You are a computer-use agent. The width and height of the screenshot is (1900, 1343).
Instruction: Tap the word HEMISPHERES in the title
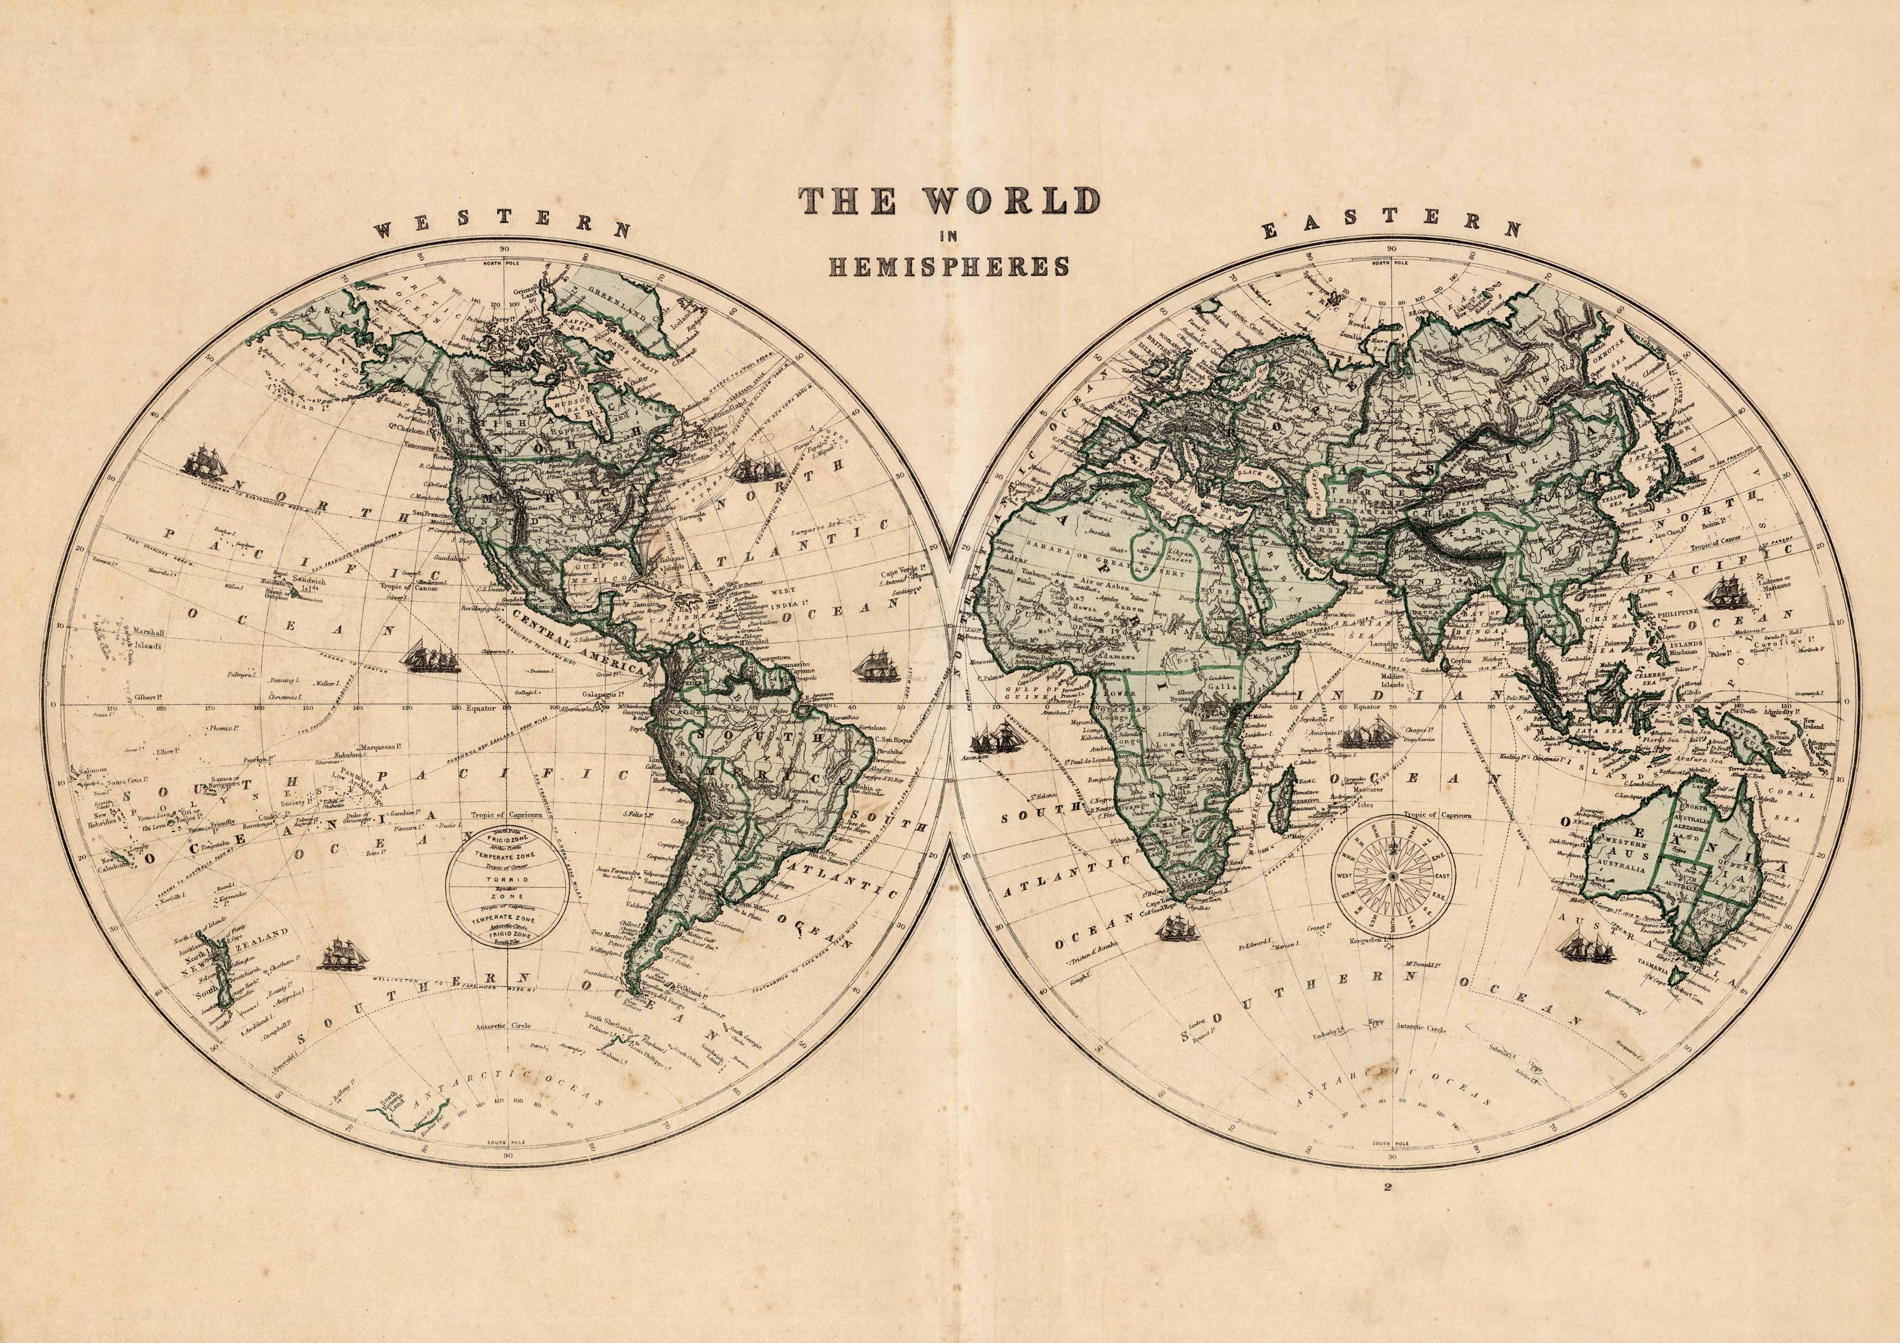coord(950,267)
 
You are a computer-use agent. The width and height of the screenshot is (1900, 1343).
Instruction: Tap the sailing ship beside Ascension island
coord(993,736)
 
